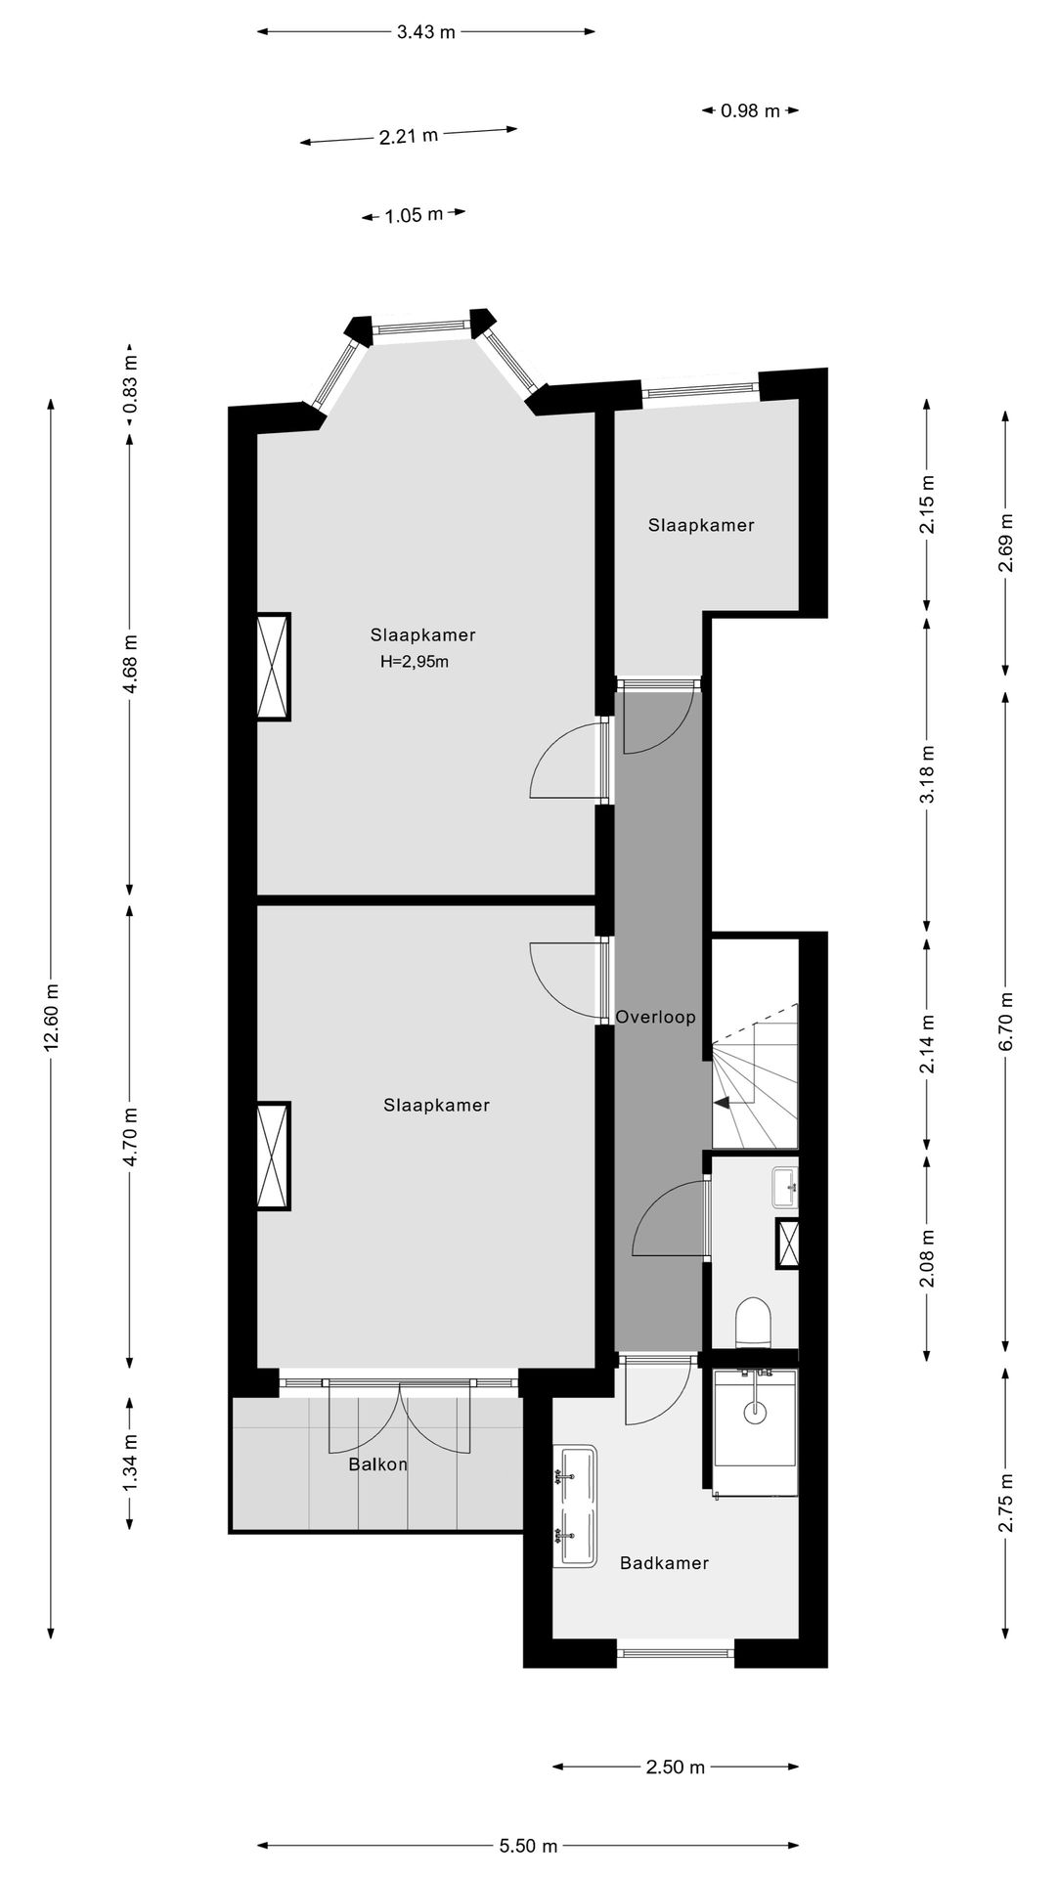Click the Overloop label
point(655,1017)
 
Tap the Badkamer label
point(664,1563)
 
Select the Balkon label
point(377,1464)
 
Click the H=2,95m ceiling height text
point(415,662)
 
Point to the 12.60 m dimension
point(52,1017)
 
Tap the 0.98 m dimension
point(750,111)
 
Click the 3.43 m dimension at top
point(425,32)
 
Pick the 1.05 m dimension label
point(413,215)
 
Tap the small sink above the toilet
point(785,1186)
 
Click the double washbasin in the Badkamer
point(575,1506)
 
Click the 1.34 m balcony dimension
point(129,1462)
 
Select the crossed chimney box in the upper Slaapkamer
point(273,667)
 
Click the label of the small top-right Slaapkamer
point(701,526)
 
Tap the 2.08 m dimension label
point(927,1257)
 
